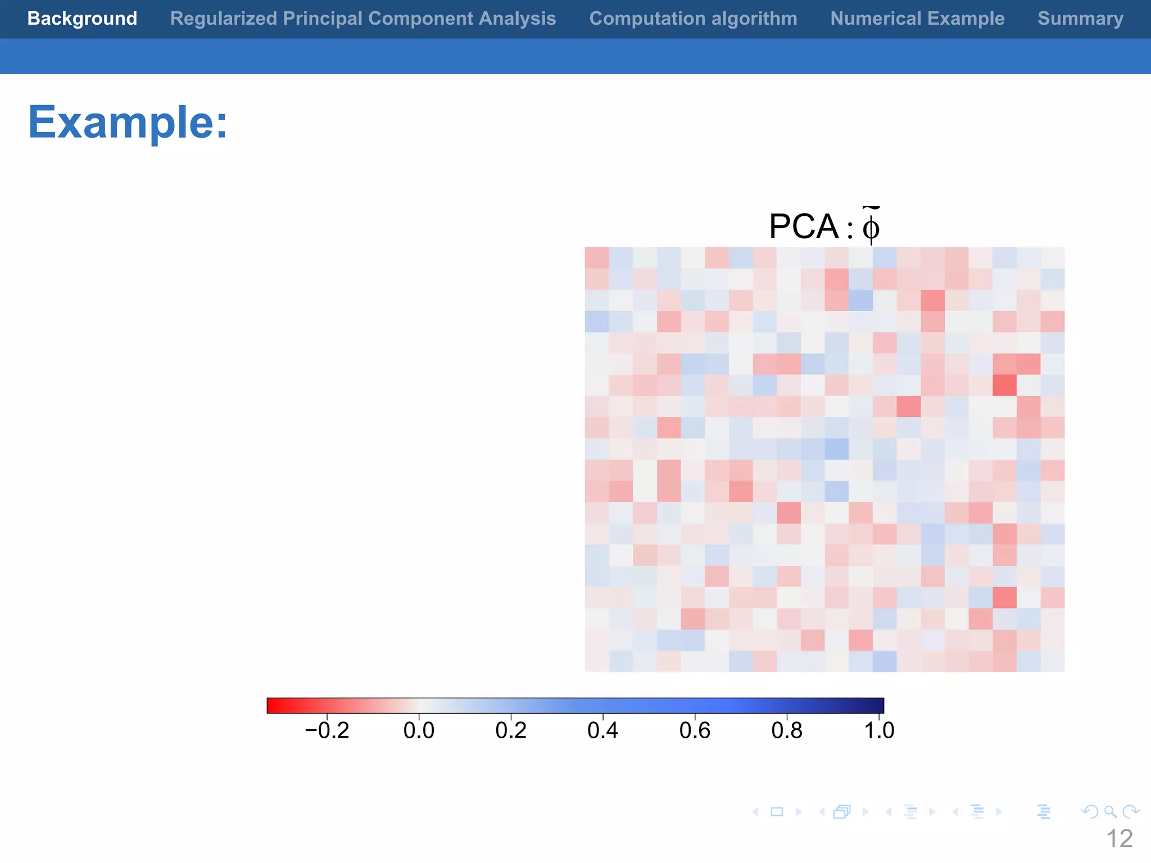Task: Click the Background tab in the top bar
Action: click(82, 19)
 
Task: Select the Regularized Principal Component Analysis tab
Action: click(363, 19)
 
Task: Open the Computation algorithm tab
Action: click(693, 19)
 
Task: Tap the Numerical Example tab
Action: click(917, 19)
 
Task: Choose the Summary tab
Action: click(1080, 19)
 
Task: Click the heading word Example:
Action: click(128, 122)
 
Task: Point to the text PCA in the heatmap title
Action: click(804, 226)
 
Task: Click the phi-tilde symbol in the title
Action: click(871, 226)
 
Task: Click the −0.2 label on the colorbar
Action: click(327, 730)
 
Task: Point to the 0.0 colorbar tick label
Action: click(419, 730)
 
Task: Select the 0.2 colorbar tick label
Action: click(511, 730)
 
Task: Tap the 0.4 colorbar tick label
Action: click(602, 730)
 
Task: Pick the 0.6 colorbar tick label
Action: click(695, 730)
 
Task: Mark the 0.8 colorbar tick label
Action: click(787, 730)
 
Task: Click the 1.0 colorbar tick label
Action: click(878, 730)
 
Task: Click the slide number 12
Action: click(1120, 839)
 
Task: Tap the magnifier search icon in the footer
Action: click(1110, 812)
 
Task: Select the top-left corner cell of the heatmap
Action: click(597, 258)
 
